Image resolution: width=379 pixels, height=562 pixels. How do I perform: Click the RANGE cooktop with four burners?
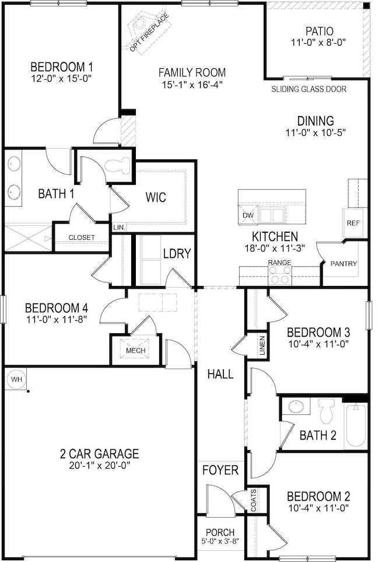coord(279,275)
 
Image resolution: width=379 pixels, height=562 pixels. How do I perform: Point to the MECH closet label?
coord(135,350)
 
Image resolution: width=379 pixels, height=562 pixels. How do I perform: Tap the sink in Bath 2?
coord(298,407)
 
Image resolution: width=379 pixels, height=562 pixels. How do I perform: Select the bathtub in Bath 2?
coord(356,424)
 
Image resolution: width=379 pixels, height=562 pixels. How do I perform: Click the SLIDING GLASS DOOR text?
coord(309,89)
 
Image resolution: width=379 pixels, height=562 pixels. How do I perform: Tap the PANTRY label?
coord(343,264)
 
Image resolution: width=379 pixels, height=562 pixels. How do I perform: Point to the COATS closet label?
coord(254,501)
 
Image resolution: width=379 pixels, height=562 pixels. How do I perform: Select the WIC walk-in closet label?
coord(156,197)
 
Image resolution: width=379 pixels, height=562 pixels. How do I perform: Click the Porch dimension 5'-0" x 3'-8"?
coord(220,542)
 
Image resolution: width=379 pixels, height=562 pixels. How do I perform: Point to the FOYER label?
coord(220,470)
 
